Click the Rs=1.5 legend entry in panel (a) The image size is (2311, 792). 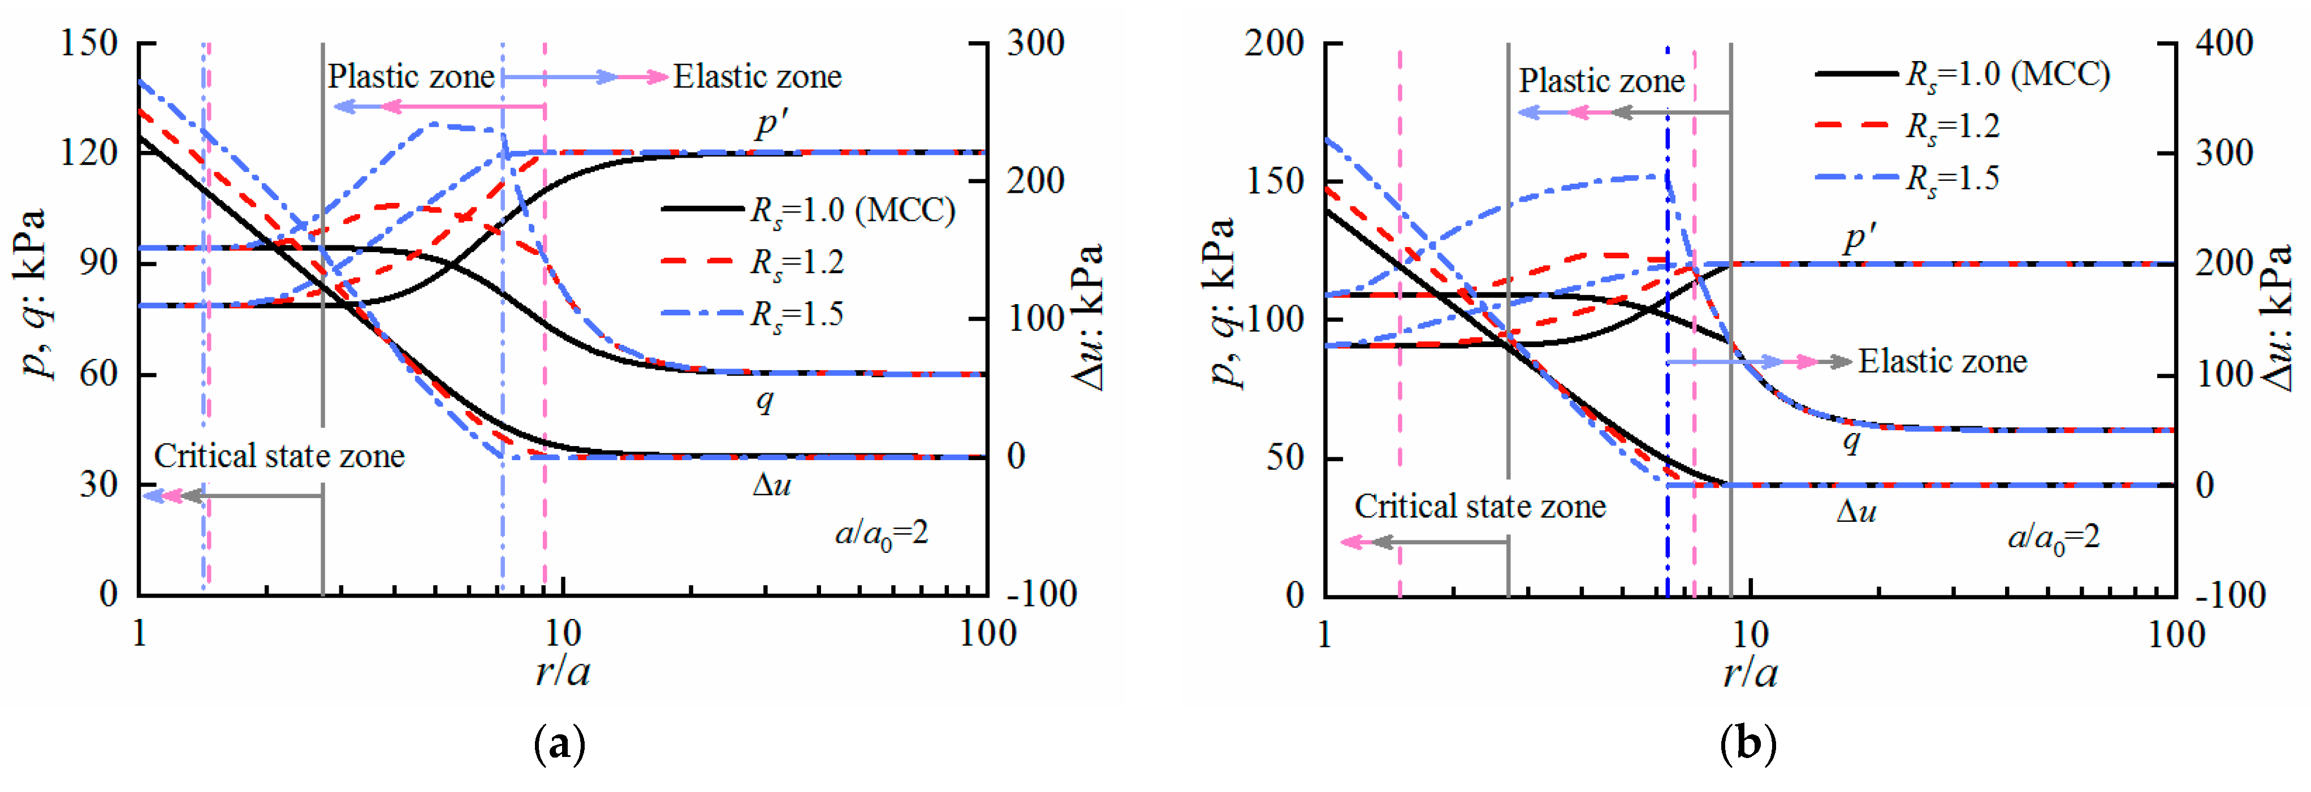pos(797,314)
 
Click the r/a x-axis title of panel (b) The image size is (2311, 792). pos(1750,673)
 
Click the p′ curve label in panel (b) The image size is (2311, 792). pos(1860,237)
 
